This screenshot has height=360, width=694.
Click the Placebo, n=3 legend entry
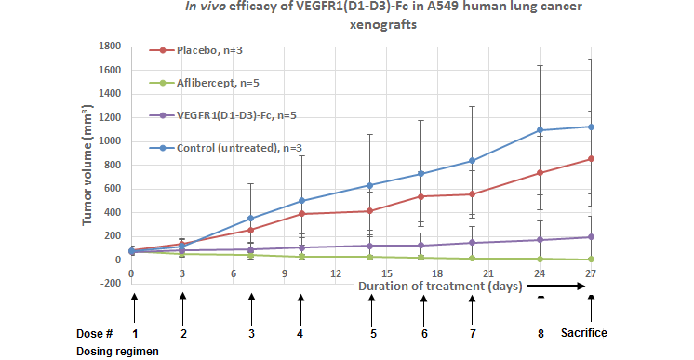[195, 50]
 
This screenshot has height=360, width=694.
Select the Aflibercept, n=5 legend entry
[204, 83]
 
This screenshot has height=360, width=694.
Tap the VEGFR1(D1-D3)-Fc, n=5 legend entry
[222, 115]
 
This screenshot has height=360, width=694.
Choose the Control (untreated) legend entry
[225, 148]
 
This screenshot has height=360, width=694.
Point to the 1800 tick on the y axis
[110, 47]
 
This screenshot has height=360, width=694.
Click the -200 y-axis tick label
[110, 283]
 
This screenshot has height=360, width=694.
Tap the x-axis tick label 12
[336, 273]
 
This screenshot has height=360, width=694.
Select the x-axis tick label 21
[488, 273]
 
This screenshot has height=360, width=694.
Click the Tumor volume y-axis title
[87, 166]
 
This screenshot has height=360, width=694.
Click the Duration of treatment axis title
[440, 287]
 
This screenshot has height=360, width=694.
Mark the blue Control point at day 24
[540, 130]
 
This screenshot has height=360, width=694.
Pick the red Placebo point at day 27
[591, 158]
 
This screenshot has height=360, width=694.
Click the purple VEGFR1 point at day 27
[591, 237]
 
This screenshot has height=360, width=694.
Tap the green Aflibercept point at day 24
[540, 259]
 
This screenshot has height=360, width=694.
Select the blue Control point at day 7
[251, 219]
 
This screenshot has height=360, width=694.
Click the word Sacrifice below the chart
[584, 333]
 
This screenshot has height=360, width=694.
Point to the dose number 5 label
[373, 334]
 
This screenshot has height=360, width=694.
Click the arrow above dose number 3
[251, 309]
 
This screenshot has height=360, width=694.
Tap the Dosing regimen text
[117, 352]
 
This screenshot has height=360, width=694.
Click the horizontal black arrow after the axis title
[556, 287]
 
